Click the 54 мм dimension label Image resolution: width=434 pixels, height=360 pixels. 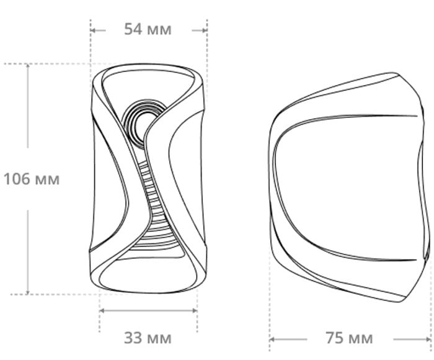tap(148, 29)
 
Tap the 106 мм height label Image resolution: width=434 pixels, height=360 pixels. tap(32, 179)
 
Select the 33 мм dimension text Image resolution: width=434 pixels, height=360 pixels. tap(148, 338)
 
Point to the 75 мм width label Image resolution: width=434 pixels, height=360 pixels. tap(349, 338)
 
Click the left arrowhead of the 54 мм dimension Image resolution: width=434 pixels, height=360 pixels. tap(93, 30)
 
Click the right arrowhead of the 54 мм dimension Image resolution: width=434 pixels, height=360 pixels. tap(205, 30)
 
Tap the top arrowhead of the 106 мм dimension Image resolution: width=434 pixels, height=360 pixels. tap(27, 66)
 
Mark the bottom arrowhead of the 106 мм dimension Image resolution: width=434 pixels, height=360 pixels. tap(27, 292)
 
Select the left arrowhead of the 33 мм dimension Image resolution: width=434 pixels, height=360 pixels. tap(102, 311)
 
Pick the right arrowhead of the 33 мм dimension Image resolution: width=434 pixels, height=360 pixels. tap(195, 311)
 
